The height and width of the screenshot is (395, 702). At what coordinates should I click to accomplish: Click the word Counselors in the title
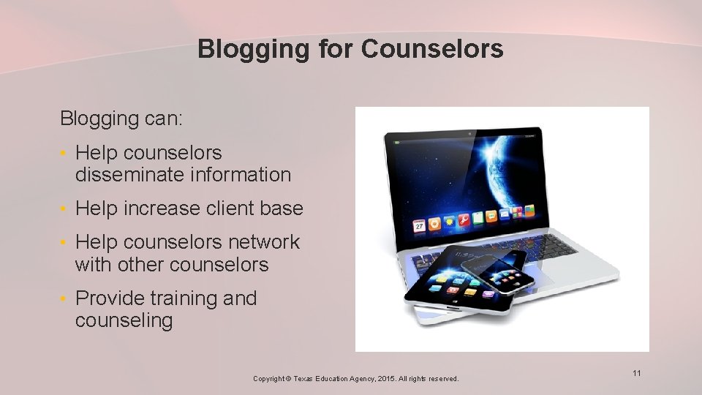point(432,49)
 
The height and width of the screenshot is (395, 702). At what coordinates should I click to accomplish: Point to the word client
point(223,208)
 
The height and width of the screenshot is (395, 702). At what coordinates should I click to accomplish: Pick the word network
point(264,242)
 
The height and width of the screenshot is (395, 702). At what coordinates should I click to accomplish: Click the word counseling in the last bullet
point(124,320)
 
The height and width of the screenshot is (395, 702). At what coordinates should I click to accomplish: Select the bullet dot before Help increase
point(64,209)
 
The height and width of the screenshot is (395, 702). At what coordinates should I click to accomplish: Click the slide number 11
point(636,374)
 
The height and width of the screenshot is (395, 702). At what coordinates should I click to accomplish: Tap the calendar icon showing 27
point(419,226)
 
